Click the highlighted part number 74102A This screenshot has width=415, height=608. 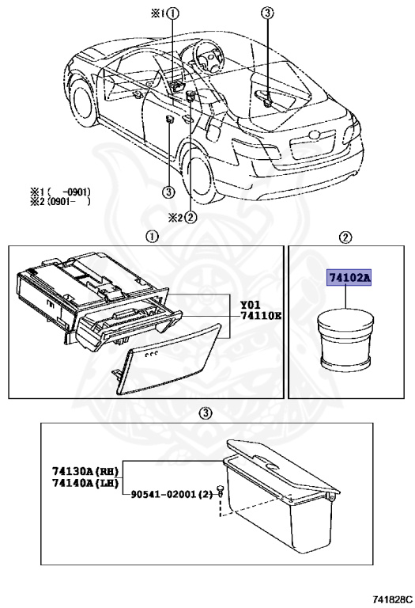(x=349, y=278)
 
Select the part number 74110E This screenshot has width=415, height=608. (x=261, y=316)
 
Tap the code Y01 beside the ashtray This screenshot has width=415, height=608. (x=251, y=305)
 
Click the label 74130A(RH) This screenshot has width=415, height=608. (x=85, y=471)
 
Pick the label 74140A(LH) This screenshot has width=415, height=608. (x=85, y=483)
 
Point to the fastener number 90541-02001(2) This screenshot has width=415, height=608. (x=172, y=494)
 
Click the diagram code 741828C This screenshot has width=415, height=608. (x=393, y=599)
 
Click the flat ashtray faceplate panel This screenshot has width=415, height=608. (x=169, y=359)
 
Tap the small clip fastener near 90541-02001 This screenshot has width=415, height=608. (x=220, y=490)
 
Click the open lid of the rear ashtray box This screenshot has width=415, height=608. (x=283, y=465)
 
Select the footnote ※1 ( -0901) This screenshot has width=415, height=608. (x=60, y=192)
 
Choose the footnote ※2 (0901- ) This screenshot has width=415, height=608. (x=60, y=201)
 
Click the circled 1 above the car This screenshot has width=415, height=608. (x=173, y=14)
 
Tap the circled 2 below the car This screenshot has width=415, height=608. (x=190, y=218)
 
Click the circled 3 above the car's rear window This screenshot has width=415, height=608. (x=267, y=14)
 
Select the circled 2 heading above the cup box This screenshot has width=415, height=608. (x=345, y=237)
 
